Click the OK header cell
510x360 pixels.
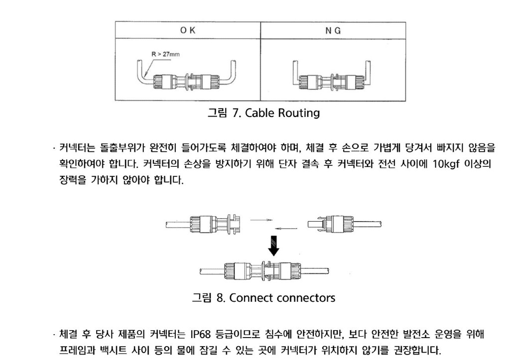[188, 30]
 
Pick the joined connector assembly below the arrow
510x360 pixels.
[265, 271]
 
